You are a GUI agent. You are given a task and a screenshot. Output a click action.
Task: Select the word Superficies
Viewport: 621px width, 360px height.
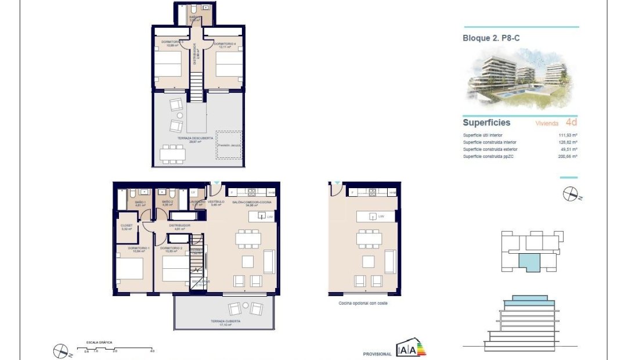(x=486, y=123)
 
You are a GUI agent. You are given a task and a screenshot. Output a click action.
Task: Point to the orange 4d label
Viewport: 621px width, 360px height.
(x=571, y=123)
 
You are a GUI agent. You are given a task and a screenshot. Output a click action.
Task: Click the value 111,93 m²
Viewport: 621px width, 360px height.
(x=566, y=135)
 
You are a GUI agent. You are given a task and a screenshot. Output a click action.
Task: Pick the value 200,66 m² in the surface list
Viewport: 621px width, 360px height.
(x=566, y=157)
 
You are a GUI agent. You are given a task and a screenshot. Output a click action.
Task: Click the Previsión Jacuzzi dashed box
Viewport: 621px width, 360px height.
(x=229, y=145)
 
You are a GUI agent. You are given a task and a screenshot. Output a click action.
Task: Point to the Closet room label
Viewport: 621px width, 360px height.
(x=126, y=225)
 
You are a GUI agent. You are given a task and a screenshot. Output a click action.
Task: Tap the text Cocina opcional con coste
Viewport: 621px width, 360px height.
(x=364, y=303)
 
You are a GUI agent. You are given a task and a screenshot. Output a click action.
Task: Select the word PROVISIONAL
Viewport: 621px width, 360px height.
(x=377, y=354)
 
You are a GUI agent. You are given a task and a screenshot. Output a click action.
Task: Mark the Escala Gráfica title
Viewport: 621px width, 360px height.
(x=99, y=343)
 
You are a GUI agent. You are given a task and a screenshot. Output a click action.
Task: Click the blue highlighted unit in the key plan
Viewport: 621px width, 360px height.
(x=529, y=262)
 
